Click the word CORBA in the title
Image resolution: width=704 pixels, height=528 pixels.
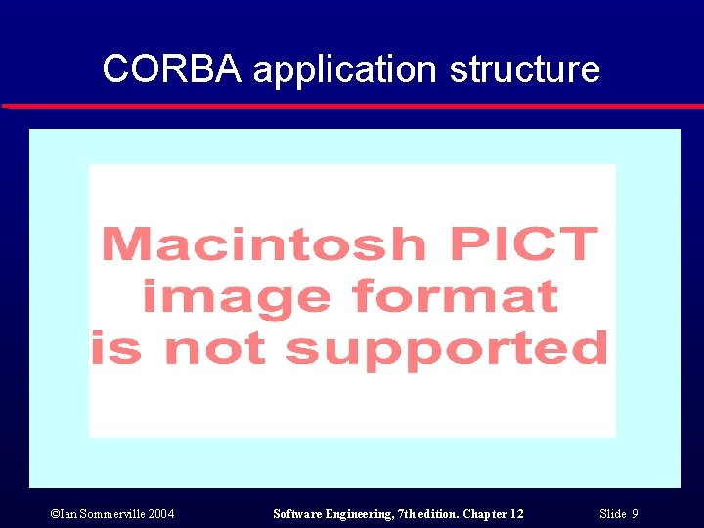pyautogui.click(x=172, y=69)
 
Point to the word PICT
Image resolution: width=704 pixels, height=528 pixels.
pyautogui.click(x=528, y=242)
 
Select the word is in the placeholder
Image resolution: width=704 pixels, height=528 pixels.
pyautogui.click(x=116, y=348)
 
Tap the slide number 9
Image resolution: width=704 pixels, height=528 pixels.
pyautogui.click(x=635, y=514)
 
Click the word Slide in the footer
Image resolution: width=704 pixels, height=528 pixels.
pyautogui.click(x=612, y=514)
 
